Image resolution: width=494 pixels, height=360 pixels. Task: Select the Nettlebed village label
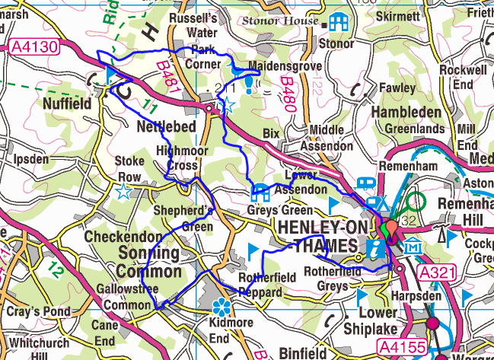click(166, 126)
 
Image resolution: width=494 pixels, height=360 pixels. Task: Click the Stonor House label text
click(279, 21)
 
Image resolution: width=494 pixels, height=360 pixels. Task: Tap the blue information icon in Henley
click(374, 247)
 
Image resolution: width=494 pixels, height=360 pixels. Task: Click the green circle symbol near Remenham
click(416, 202)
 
